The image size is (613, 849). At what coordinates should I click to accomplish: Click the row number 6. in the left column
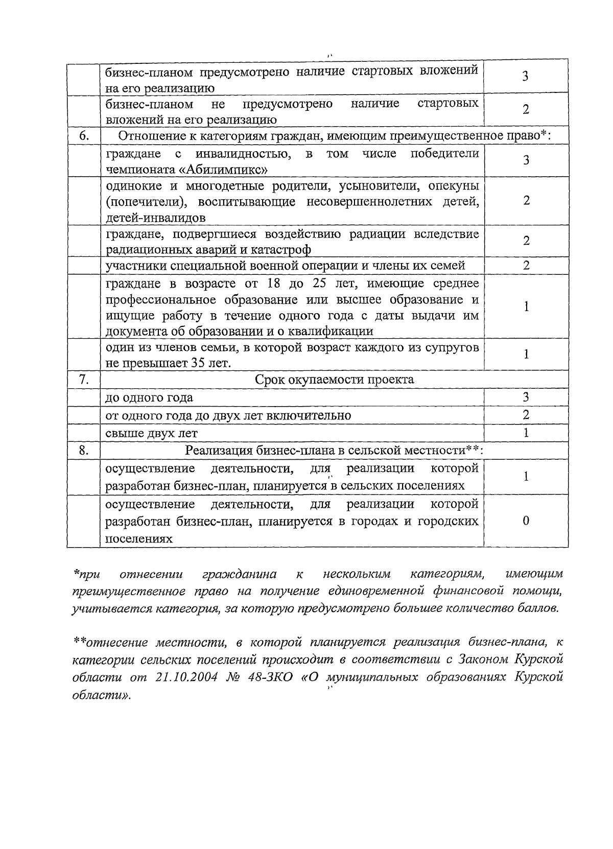pos(84,136)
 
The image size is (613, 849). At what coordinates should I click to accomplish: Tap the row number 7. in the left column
pos(84,380)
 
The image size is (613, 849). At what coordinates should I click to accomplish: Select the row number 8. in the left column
pos(84,450)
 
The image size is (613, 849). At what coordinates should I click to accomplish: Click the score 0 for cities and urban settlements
pos(526,521)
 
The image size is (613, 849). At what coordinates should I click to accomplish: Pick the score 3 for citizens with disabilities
pos(526,160)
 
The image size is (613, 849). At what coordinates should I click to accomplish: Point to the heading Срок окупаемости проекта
pos(334,380)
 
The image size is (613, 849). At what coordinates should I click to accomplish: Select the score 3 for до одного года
pos(526,397)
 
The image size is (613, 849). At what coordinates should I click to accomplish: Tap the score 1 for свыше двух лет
pos(526,433)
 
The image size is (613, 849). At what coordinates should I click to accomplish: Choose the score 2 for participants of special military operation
pos(526,265)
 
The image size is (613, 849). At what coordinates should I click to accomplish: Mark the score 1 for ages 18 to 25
pos(526,306)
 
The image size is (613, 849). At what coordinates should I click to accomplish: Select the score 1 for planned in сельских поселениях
pos(526,476)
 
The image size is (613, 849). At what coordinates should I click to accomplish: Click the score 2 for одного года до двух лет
pos(526,415)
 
